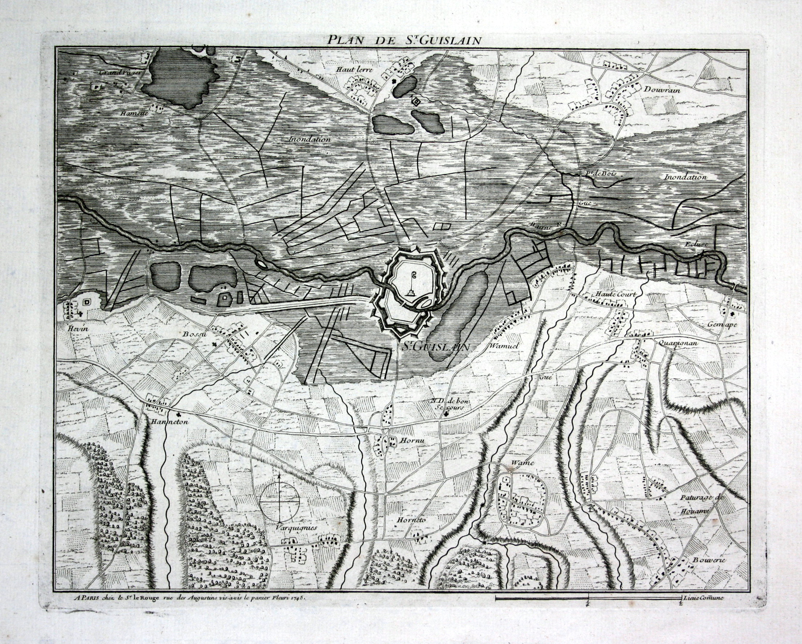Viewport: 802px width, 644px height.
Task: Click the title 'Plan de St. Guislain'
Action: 404,40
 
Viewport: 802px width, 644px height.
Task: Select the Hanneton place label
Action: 170,422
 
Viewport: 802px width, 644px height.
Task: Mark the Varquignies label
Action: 296,527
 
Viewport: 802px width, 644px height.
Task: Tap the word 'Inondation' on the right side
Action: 685,177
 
